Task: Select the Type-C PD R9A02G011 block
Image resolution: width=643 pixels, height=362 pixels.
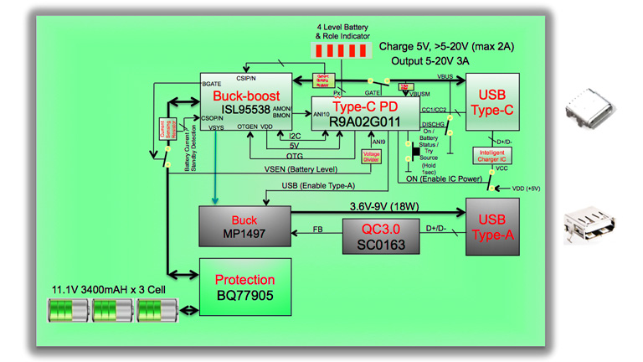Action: [x=366, y=114]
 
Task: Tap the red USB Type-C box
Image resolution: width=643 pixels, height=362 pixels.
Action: [x=492, y=101]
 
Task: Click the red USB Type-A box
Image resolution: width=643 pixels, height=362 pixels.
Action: [x=492, y=226]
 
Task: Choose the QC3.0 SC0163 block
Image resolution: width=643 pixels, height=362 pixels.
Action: [x=381, y=236]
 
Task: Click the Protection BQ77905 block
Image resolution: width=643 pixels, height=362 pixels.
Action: [x=244, y=287]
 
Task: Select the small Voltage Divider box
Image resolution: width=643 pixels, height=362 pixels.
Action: [x=371, y=156]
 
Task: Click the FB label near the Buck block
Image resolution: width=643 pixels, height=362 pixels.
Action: [x=318, y=228]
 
